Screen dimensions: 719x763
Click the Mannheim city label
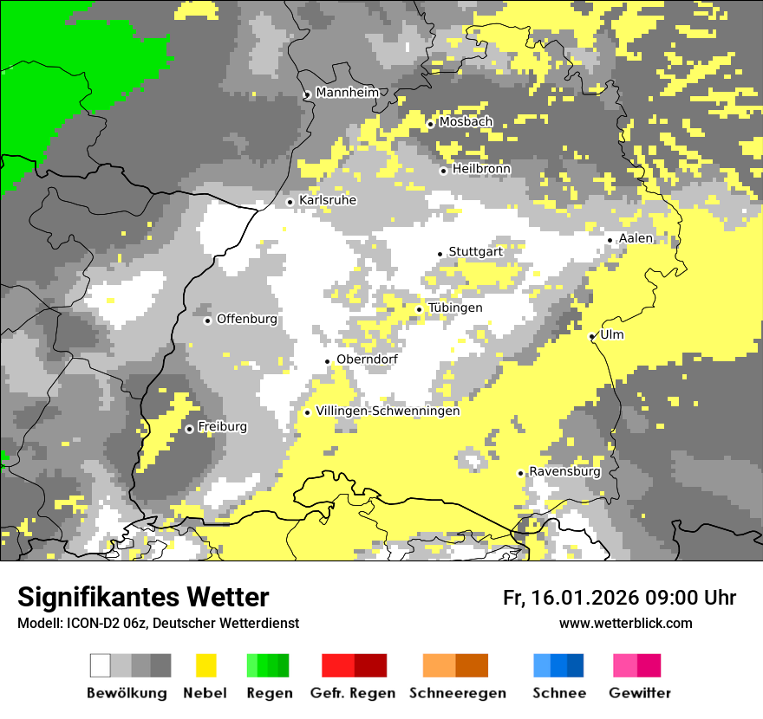click(x=348, y=93)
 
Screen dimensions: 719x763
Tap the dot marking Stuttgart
click(x=440, y=254)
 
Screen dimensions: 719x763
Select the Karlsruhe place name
click(x=328, y=200)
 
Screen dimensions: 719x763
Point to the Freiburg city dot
click(x=189, y=429)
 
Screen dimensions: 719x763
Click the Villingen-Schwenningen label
click(x=388, y=411)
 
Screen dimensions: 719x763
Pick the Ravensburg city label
click(x=564, y=471)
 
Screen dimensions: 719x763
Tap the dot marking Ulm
click(x=591, y=337)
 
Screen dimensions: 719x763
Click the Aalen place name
click(x=636, y=238)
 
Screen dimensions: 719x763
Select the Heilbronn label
click(x=481, y=168)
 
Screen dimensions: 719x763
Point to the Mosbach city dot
click(x=430, y=125)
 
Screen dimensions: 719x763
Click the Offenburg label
click(x=247, y=319)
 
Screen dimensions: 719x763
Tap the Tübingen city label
click(x=455, y=308)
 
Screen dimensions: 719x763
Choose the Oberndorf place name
click(x=367, y=359)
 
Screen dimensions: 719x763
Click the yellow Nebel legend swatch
click(x=205, y=665)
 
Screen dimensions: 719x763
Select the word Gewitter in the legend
click(x=640, y=693)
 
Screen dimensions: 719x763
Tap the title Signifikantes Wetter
click(x=143, y=598)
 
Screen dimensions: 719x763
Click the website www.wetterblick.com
click(x=626, y=623)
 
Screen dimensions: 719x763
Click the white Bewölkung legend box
click(x=101, y=665)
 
